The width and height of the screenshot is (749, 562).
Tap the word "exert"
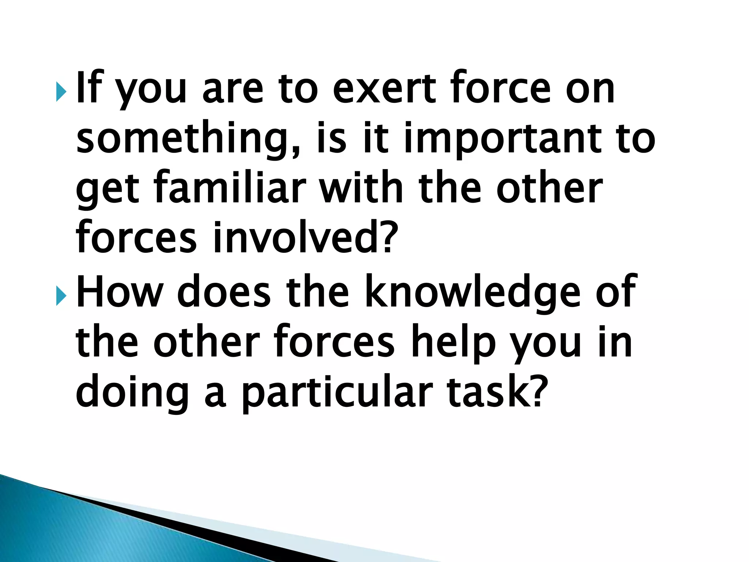click(384, 88)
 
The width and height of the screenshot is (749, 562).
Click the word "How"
click(119, 291)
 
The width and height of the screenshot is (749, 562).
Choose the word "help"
click(453, 342)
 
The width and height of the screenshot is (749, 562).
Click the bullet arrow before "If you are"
click(61, 91)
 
